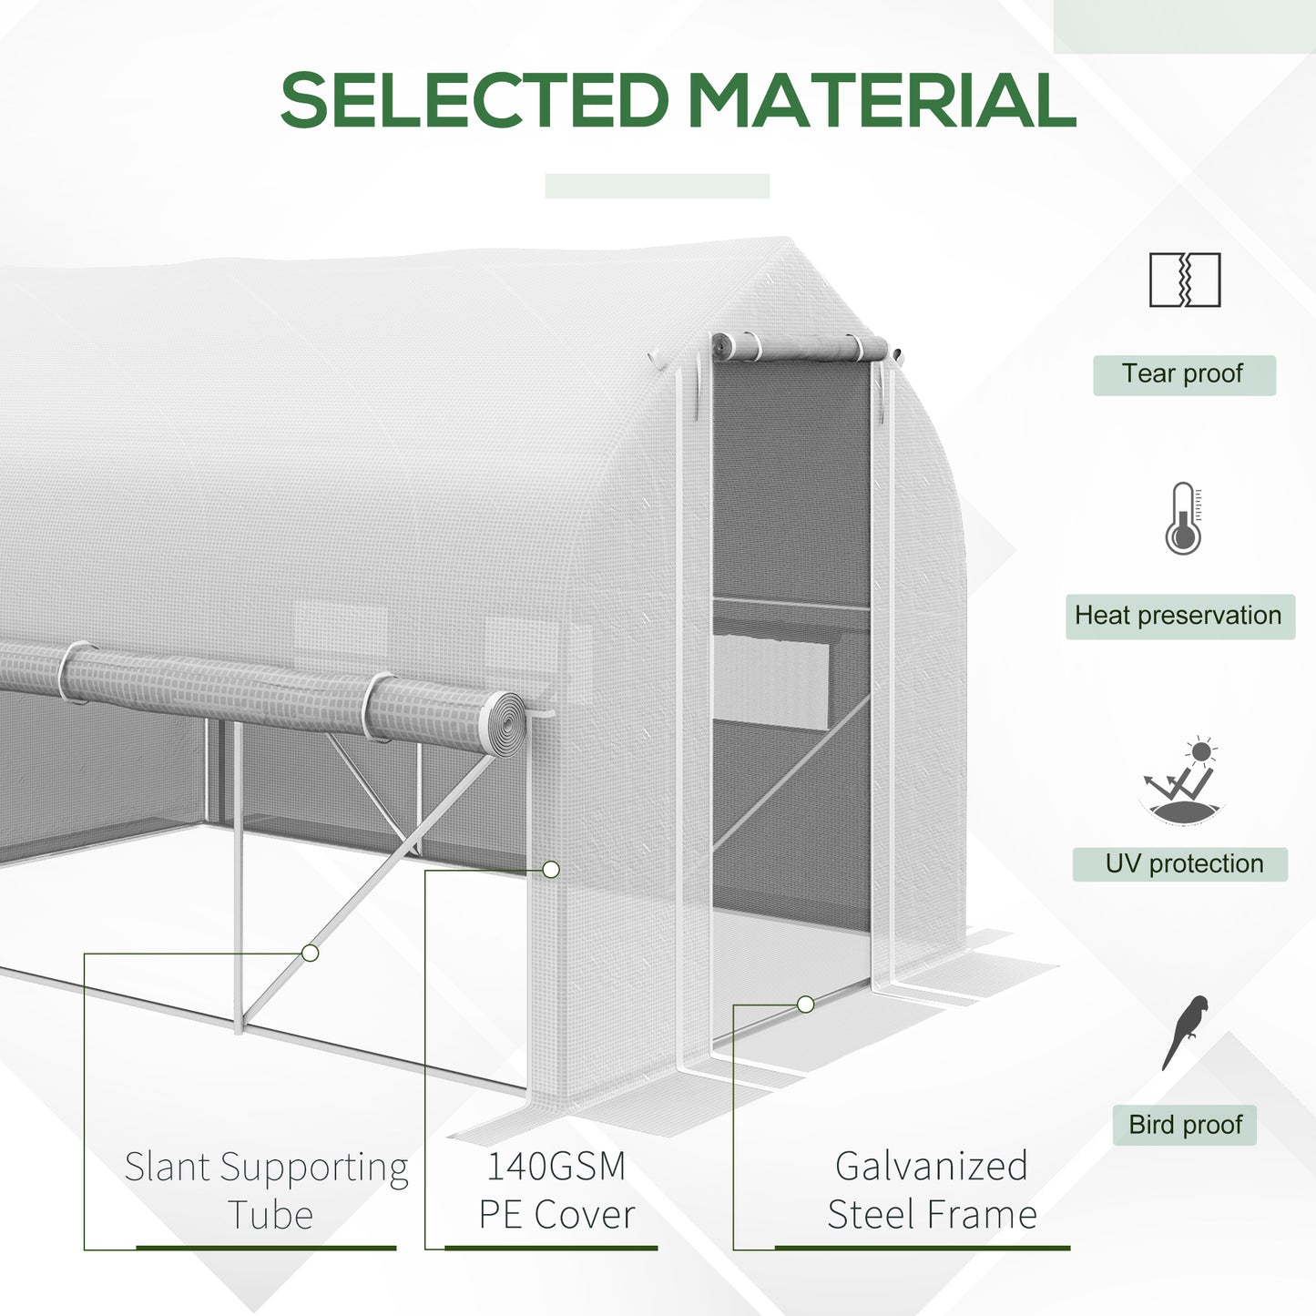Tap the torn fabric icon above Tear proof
click(x=1184, y=280)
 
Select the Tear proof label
click(x=1183, y=374)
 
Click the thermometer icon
click(x=1183, y=519)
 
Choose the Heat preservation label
click(x=1178, y=616)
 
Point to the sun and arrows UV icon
click(x=1181, y=781)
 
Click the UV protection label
click(x=1183, y=863)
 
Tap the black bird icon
click(x=1185, y=1032)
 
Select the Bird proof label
click(x=1185, y=1125)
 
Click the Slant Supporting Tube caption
click(x=267, y=1190)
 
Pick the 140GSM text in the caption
click(x=556, y=1167)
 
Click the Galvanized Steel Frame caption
click(x=932, y=1190)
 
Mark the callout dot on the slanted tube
click(x=311, y=953)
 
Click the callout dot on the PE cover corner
click(x=551, y=870)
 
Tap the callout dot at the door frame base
click(x=805, y=1004)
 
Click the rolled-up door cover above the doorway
click(x=800, y=347)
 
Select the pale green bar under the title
click(x=657, y=186)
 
